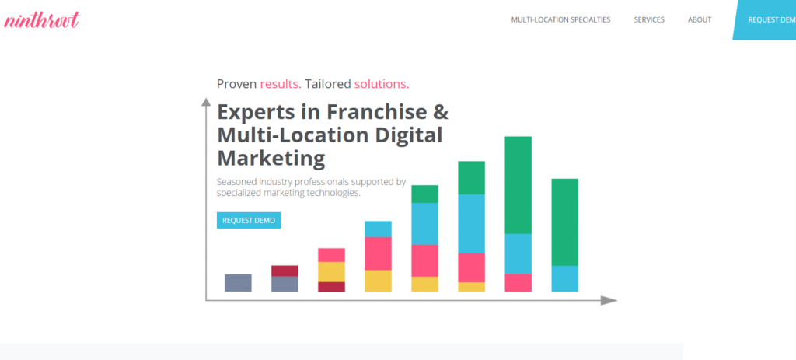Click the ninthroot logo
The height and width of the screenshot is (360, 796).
tap(42, 20)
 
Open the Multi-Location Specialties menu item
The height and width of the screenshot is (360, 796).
tap(560, 19)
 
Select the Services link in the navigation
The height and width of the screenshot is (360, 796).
tap(649, 19)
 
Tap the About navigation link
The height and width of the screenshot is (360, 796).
tap(700, 19)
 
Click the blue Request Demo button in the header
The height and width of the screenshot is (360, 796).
tap(765, 19)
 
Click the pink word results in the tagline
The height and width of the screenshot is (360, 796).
tap(281, 84)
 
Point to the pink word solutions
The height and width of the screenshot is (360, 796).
tap(382, 84)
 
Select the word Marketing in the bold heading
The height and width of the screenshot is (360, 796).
tap(271, 159)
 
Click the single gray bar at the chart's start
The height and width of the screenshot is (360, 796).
tap(238, 283)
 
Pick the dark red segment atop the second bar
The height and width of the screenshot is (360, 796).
tap(285, 271)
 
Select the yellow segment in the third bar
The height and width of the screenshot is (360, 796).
tap(331, 271)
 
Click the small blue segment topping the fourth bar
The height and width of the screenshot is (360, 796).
tap(379, 229)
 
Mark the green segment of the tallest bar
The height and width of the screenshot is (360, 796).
tap(518, 185)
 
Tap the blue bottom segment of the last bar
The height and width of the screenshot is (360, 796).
tap(565, 279)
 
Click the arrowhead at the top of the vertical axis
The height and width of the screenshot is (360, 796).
tap(206, 102)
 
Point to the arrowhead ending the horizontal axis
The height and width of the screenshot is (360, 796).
tap(609, 301)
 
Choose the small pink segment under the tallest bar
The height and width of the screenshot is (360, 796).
tap(518, 283)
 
